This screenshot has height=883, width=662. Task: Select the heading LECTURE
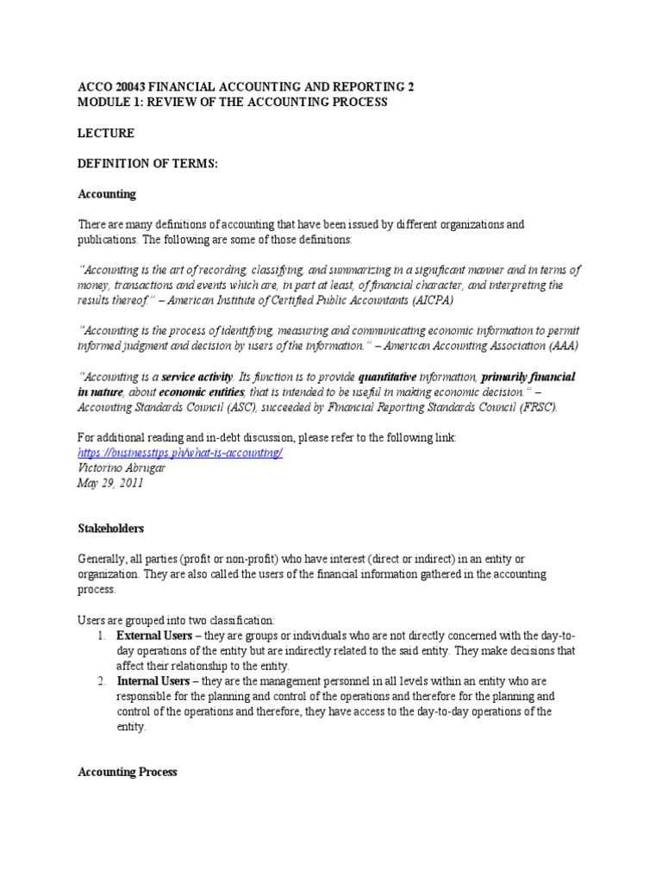(106, 134)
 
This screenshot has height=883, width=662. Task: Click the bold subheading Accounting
(107, 194)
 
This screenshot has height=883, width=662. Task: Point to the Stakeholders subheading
(111, 528)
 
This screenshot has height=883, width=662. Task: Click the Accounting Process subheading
(128, 772)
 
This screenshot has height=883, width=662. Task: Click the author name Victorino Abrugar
(124, 468)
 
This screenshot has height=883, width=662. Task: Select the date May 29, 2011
(110, 483)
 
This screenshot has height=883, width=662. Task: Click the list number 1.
(101, 636)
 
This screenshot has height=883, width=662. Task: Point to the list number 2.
(101, 681)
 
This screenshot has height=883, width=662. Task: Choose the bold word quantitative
(387, 377)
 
